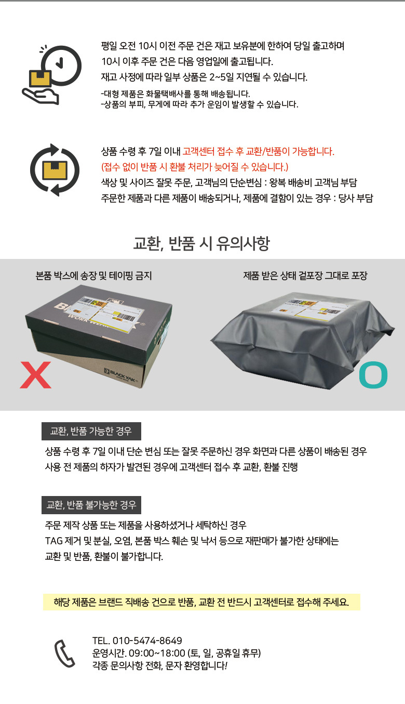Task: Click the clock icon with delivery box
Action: coord(52,75)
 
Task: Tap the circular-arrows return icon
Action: coord(55,170)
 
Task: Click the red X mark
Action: coord(35,375)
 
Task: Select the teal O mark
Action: coord(373,375)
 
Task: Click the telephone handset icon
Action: coord(65,653)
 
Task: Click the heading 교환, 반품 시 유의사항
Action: coord(201,243)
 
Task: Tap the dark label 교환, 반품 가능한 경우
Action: coord(91,431)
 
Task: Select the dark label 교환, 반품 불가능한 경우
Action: coord(91,505)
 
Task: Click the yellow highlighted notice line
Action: coord(201,602)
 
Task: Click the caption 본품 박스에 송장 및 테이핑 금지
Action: coord(94,276)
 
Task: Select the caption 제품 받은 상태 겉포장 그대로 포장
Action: coord(305,276)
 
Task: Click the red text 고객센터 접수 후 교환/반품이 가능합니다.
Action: coord(259,151)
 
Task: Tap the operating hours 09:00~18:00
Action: coord(157,653)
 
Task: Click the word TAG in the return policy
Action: coord(53,541)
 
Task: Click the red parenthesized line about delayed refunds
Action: coord(195,167)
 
